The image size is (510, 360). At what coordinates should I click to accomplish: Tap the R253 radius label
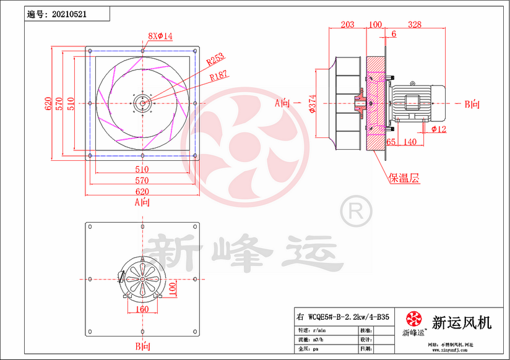click(x=215, y=59)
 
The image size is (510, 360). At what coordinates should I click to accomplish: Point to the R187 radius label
click(x=218, y=75)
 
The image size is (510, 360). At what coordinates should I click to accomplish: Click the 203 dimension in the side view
click(x=348, y=25)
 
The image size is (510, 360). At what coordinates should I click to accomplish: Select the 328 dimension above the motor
click(x=415, y=25)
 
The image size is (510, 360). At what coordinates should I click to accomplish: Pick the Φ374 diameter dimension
click(x=312, y=104)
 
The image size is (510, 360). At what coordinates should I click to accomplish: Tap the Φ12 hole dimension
click(x=439, y=129)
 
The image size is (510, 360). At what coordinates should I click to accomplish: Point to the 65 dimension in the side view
click(x=391, y=142)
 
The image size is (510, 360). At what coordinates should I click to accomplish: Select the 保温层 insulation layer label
click(x=404, y=178)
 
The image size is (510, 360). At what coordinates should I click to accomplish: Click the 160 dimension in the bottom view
click(x=142, y=309)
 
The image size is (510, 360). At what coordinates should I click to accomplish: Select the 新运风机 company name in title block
click(x=462, y=322)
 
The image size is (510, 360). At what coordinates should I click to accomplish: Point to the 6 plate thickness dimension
click(x=394, y=34)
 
